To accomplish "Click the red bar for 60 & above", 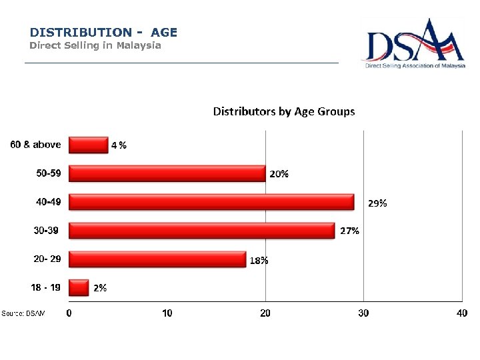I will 88,145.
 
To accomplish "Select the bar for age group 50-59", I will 167,173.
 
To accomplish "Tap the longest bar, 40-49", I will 211,202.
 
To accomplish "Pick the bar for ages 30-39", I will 201,231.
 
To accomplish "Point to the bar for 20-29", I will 157,259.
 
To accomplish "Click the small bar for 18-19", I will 79,287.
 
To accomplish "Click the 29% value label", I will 377,203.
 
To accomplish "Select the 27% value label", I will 350,231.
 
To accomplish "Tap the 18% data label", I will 259,261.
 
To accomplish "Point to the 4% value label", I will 119,145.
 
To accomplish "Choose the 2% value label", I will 100,288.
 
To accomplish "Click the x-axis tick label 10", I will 167,313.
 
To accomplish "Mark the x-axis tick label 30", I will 363,313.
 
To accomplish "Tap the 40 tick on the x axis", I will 461,313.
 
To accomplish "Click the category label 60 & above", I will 35,145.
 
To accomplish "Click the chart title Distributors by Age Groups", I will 284,111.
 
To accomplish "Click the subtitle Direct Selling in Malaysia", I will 95,46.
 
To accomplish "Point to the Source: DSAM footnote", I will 23,313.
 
